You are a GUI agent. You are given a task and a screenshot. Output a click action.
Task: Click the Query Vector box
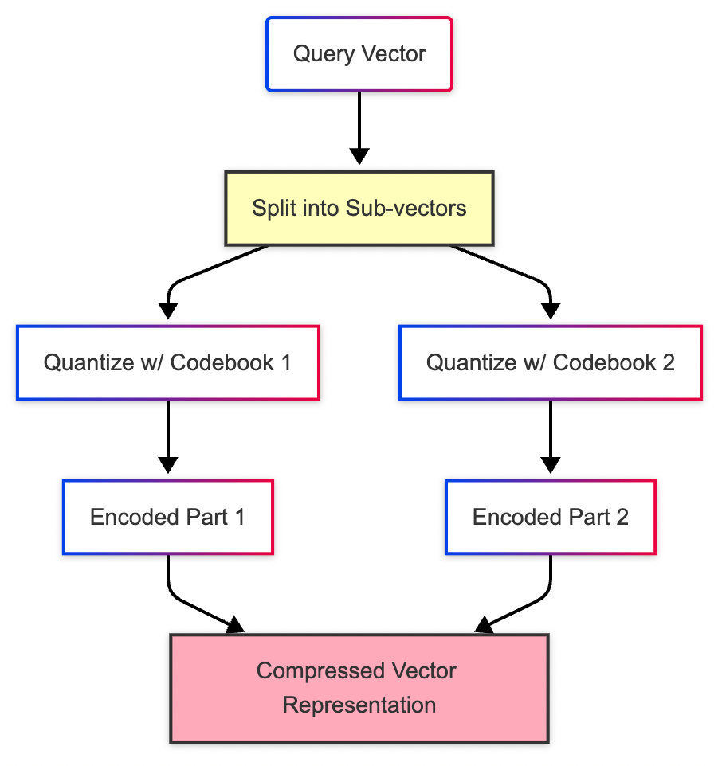tap(359, 54)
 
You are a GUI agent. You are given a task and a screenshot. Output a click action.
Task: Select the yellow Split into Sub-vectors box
tap(359, 209)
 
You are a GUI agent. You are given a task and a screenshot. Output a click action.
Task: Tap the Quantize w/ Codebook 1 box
tap(167, 362)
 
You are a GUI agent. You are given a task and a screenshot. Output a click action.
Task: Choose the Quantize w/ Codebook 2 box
tap(550, 362)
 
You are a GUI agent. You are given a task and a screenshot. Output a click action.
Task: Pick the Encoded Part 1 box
tap(167, 517)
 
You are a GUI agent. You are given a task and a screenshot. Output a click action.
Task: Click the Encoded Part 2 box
tap(550, 517)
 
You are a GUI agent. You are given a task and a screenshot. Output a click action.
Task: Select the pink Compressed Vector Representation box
tap(359, 688)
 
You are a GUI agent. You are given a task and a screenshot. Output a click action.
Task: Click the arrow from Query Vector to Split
tap(359, 127)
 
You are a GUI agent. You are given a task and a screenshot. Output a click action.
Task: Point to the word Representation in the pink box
tap(359, 705)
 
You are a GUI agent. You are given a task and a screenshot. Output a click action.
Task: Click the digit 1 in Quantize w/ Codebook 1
tap(285, 362)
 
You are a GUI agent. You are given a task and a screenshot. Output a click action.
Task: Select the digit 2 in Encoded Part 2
tap(622, 517)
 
